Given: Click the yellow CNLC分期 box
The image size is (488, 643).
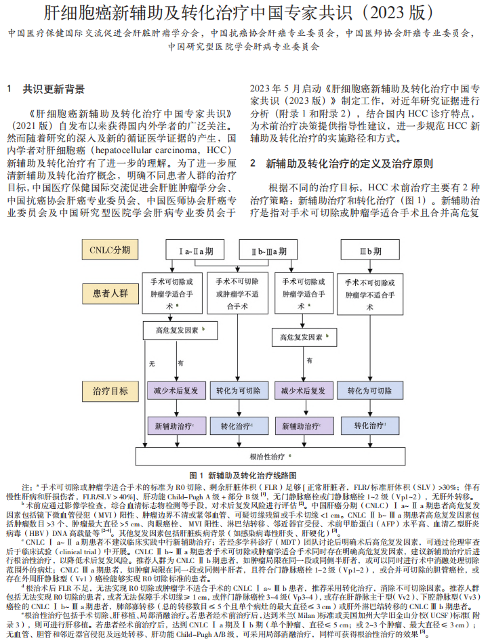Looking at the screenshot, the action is pos(110,250).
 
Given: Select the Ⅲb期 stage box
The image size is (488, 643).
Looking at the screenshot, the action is pos(370,250).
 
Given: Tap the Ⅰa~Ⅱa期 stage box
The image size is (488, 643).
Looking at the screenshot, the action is pos(196,250).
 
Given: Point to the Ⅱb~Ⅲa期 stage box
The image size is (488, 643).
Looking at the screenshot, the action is pos(269,250).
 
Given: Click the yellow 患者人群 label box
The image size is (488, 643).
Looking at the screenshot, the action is pos(110,293).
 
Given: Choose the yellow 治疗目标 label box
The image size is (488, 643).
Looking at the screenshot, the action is pos(110,391).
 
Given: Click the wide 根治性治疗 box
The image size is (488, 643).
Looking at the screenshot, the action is pos(270,457).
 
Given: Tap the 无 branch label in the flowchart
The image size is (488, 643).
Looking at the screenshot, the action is pos(152,364).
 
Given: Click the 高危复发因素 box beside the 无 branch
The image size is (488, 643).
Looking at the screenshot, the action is pos(180,330).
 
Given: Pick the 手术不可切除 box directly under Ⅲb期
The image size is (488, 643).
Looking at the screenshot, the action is pos(370,295).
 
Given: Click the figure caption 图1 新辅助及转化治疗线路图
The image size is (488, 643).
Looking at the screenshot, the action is pos(243,476).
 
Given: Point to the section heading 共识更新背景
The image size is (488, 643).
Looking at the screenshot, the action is pos(54,89).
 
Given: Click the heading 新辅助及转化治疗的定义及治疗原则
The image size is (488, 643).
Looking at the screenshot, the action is pos(349,164).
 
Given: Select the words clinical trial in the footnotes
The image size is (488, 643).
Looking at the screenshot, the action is pos(77,552).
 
